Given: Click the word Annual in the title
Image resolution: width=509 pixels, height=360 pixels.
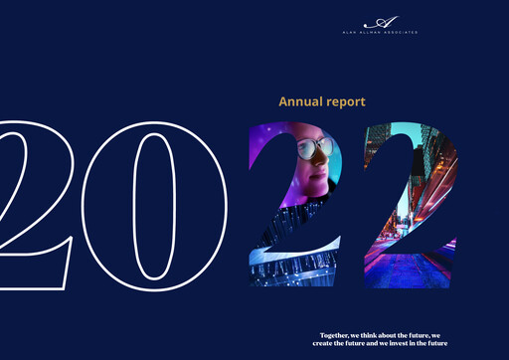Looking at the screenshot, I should (295, 101).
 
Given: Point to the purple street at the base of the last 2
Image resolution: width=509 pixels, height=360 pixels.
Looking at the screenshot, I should (413, 270).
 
